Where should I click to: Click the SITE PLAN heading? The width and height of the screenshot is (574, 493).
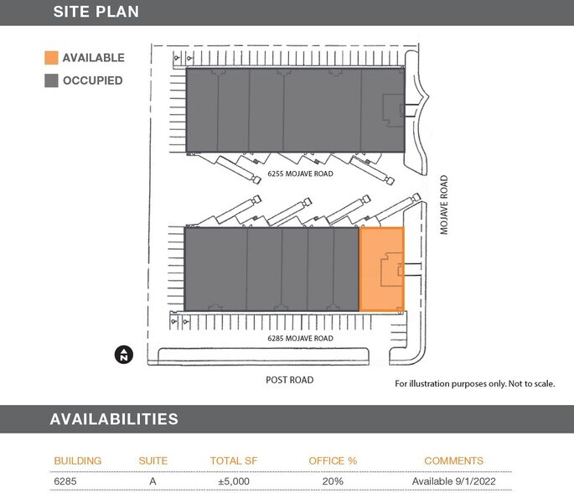pyautogui.click(x=96, y=12)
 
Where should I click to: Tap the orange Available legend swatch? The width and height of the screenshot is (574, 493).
pyautogui.click(x=51, y=58)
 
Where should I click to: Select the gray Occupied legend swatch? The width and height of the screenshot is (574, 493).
pyautogui.click(x=51, y=80)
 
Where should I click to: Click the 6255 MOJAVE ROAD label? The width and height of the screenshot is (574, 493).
pyautogui.click(x=300, y=174)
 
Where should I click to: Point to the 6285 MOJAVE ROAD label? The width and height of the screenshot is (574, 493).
pyautogui.click(x=300, y=339)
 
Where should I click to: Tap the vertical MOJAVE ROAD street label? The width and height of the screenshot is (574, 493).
pyautogui.click(x=444, y=205)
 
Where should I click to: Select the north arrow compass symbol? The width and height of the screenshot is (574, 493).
pyautogui.click(x=123, y=355)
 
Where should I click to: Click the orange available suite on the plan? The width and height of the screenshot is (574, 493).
pyautogui.click(x=381, y=269)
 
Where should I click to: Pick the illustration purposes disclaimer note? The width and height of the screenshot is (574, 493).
pyautogui.click(x=474, y=383)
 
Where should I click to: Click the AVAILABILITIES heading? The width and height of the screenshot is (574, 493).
pyautogui.click(x=113, y=419)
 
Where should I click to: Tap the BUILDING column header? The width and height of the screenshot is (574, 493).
pyautogui.click(x=78, y=461)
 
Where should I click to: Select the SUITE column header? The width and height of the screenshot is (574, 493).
pyautogui.click(x=153, y=461)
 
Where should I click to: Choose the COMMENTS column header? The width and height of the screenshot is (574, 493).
pyautogui.click(x=453, y=461)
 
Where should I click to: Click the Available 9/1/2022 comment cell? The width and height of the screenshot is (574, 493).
pyautogui.click(x=453, y=481)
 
